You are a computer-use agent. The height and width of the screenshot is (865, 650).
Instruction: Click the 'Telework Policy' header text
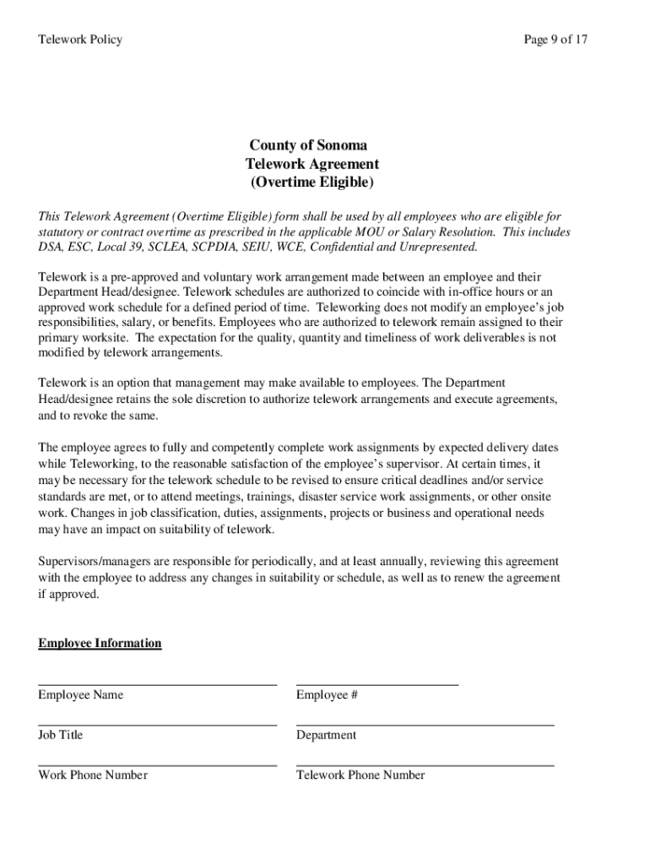(80, 40)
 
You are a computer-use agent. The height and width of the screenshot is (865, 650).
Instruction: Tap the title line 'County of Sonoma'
(308, 145)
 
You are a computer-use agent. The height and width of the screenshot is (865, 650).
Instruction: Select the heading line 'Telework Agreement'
(312, 164)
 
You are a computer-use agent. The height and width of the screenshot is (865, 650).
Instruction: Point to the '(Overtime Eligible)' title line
(311, 182)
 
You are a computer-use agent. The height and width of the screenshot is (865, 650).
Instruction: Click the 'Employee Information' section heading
(100, 644)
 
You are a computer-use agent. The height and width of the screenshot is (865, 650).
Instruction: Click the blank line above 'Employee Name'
(157, 683)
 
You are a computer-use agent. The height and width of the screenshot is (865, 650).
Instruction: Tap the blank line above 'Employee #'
(377, 683)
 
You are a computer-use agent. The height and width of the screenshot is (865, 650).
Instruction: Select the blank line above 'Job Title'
(157, 723)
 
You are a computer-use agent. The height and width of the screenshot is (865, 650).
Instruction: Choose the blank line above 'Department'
(425, 723)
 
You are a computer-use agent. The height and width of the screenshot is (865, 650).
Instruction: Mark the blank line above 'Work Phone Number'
(157, 764)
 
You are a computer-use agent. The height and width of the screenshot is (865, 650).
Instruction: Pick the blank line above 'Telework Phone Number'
(425, 764)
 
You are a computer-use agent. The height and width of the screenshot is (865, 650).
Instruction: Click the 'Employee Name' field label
(80, 695)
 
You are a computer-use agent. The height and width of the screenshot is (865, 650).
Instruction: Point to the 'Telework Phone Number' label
(360, 775)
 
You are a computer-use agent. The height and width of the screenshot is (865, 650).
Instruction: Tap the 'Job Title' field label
(61, 735)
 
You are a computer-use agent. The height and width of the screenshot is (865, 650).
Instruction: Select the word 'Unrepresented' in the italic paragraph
(437, 248)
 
